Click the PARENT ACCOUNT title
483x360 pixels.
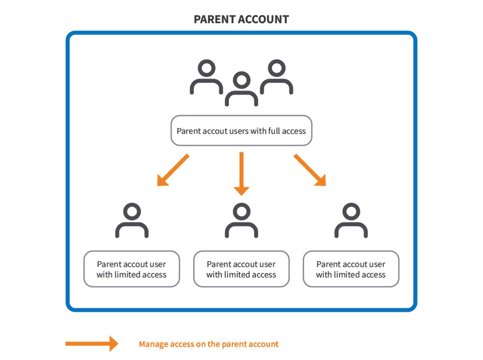241,19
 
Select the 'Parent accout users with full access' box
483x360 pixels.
241,130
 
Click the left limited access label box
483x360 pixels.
132,269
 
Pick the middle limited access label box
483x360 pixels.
241,269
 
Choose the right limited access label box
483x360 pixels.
351,269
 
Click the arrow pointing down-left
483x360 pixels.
173,170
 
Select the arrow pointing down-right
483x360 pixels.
310,170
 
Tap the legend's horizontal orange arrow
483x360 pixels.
92,344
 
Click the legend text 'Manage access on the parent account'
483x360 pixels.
208,344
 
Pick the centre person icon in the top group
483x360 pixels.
241,89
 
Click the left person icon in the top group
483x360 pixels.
206,77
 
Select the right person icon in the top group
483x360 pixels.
277,77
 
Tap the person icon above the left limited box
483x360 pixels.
132,221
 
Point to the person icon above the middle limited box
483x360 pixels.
241,221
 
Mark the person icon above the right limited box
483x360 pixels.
351,221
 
